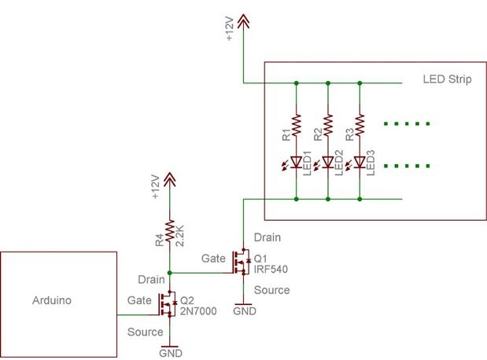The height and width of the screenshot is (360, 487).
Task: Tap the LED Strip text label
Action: tap(446, 80)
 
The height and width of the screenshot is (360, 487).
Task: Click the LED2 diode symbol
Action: tap(328, 163)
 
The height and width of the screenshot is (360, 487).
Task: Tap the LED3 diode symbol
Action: tap(360, 163)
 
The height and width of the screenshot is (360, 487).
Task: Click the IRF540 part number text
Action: tap(271, 270)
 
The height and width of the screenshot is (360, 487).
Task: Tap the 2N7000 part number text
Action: tap(197, 311)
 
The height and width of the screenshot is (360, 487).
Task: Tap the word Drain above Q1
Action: tap(267, 236)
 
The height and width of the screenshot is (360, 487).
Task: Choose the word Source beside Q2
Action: tap(145, 331)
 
